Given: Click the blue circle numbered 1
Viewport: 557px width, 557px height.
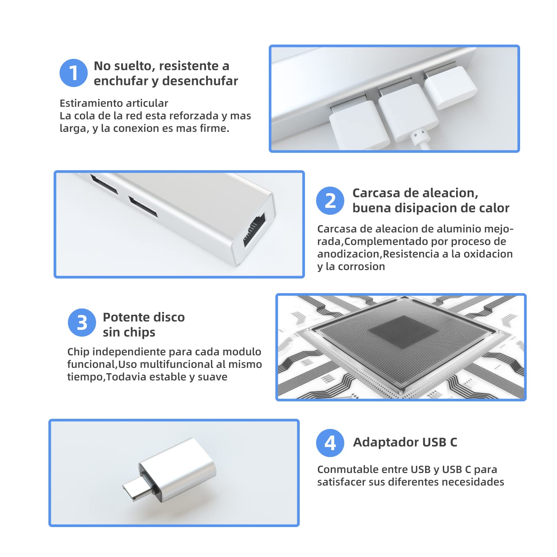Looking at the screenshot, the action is tap(73, 73).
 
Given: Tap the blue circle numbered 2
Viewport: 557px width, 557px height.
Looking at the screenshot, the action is tap(330, 201).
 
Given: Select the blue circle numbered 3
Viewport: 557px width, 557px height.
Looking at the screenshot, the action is tap(82, 322).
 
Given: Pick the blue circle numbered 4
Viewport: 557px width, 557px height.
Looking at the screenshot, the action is tap(330, 443).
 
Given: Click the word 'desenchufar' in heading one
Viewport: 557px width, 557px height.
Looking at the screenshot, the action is tap(200, 81).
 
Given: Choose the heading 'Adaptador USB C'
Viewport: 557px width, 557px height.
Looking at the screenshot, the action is tap(405, 442).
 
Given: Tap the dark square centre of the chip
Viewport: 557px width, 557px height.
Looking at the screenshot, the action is tap(403, 332).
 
